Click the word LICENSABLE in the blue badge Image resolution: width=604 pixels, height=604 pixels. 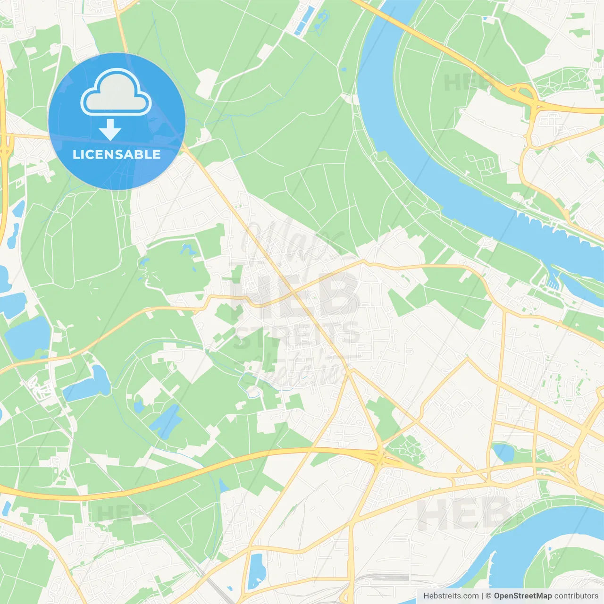click(x=116, y=155)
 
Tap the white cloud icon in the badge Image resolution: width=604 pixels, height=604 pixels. click(x=116, y=93)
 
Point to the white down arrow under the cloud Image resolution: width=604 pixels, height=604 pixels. click(x=110, y=129)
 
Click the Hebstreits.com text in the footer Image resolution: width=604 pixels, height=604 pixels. click(x=451, y=596)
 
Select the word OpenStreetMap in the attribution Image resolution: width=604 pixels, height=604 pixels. click(x=522, y=596)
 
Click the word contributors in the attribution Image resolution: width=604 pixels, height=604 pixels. click(x=576, y=596)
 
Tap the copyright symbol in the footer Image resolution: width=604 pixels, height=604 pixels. click(x=488, y=596)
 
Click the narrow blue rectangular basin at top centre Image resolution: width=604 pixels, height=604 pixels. click(x=302, y=21)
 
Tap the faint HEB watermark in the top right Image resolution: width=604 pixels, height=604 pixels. click(x=467, y=83)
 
